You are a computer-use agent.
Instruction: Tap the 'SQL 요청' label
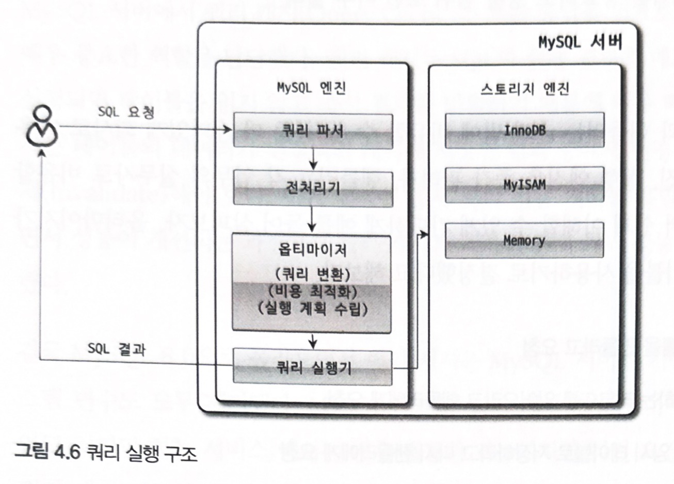(x=126, y=112)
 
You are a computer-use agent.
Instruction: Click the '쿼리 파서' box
(x=313, y=131)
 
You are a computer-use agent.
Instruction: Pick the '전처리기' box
(x=313, y=188)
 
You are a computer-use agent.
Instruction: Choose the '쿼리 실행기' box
(x=313, y=367)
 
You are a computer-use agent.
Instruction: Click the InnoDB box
(x=524, y=131)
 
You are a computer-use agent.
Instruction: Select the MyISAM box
(x=524, y=184)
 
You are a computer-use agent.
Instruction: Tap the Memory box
(x=524, y=240)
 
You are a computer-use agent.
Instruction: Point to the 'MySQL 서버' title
(x=580, y=42)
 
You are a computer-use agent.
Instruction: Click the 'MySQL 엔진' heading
(x=311, y=88)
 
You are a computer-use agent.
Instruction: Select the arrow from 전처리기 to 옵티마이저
(x=312, y=220)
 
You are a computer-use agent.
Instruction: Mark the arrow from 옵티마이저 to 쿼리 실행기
(x=312, y=340)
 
